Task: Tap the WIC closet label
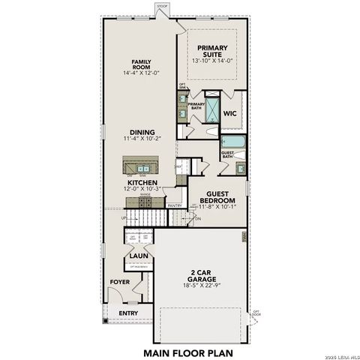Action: tap(231, 115)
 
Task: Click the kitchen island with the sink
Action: tap(142, 164)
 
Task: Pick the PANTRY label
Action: tap(175, 205)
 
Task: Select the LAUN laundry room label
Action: tap(137, 256)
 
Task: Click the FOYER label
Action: tap(120, 282)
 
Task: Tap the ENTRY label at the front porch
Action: tap(128, 313)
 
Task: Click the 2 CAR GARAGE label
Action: tap(199, 277)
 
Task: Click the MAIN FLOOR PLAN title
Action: tap(188, 350)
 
